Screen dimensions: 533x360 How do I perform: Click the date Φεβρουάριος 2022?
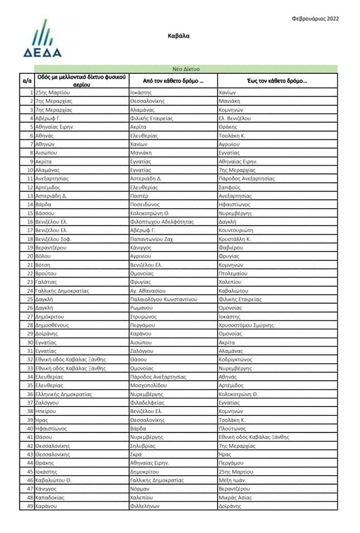(315, 18)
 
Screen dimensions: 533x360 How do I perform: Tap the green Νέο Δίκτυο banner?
(186, 69)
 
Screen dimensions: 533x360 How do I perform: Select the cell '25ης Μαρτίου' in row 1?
(52, 93)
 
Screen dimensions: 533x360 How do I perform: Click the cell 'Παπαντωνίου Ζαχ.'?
(152, 239)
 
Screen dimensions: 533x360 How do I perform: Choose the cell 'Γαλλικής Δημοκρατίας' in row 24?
(62, 290)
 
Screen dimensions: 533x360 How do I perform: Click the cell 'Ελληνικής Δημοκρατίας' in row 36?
(63, 394)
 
